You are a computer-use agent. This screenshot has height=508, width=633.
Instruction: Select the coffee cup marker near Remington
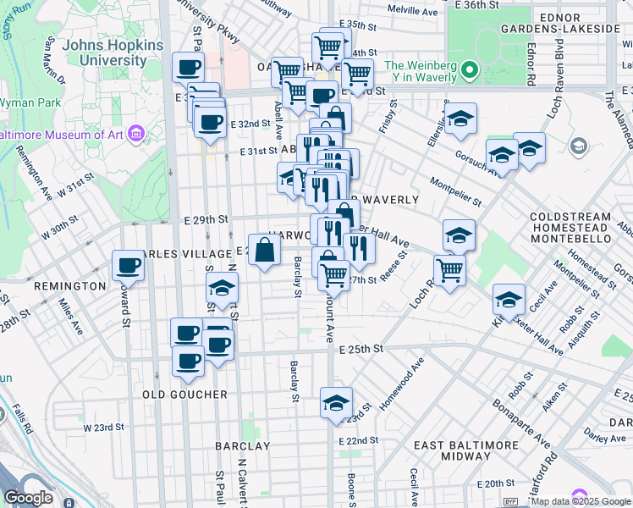tap(128, 266)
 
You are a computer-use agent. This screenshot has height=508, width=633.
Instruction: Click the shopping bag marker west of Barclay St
tap(264, 250)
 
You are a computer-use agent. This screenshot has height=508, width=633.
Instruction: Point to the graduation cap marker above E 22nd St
tap(336, 403)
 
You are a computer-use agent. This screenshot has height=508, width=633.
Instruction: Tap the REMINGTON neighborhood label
tap(69, 286)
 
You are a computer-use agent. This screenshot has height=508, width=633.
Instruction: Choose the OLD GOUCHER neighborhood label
tap(184, 395)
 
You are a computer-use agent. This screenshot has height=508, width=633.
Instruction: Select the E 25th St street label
tap(361, 349)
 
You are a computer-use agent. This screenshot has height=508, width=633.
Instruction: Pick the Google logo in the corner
tap(28, 498)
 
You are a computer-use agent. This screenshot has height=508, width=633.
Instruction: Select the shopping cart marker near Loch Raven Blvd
tap(449, 271)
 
